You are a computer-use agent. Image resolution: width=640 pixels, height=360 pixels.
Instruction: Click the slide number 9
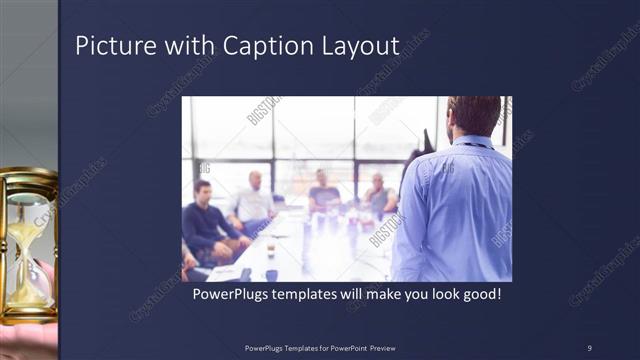589,347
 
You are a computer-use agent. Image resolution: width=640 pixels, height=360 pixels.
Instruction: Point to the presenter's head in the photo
473,114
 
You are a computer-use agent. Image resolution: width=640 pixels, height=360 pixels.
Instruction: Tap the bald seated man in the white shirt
254,200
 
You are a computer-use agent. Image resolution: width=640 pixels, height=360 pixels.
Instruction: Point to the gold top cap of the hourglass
28,177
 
